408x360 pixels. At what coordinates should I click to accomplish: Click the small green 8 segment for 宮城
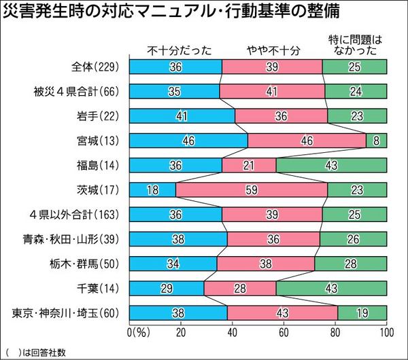[377, 141]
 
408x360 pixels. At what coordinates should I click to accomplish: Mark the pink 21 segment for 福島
[249, 165]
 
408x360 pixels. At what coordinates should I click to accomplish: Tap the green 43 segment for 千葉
[331, 288]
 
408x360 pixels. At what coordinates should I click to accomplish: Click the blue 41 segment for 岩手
[182, 115]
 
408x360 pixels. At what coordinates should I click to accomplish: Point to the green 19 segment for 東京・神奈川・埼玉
[362, 312]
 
